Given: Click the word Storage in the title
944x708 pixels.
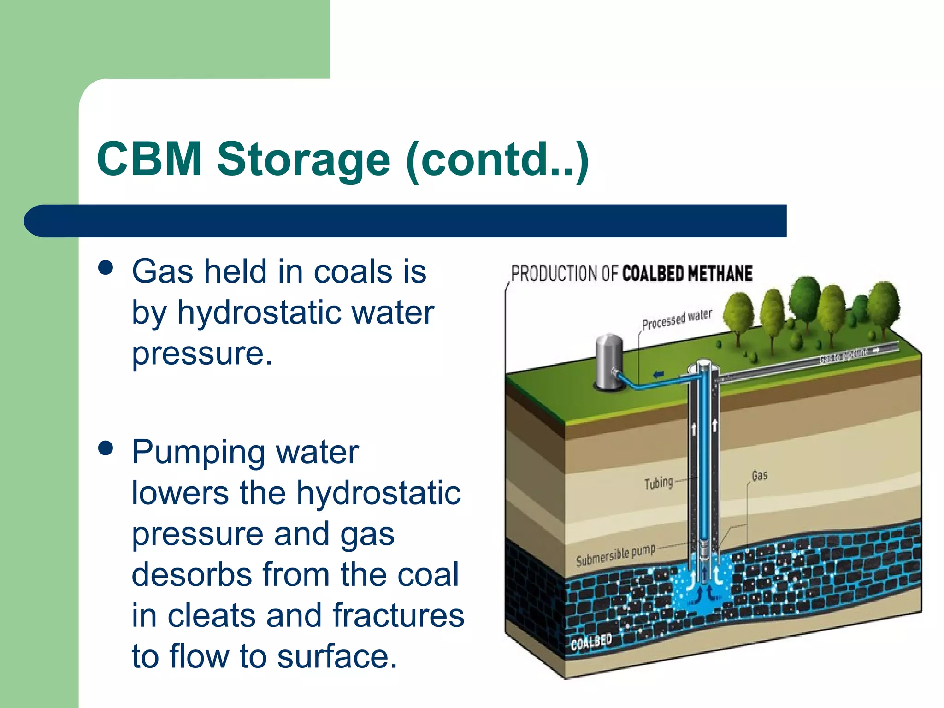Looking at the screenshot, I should pyautogui.click(x=304, y=159).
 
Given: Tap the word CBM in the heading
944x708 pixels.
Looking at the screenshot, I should pyautogui.click(x=149, y=159).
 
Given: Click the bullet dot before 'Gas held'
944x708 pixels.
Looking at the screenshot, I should pyautogui.click(x=106, y=268).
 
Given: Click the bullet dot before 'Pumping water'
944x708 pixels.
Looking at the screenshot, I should pyautogui.click(x=106, y=448).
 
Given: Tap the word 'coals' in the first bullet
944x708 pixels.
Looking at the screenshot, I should pyautogui.click(x=353, y=272).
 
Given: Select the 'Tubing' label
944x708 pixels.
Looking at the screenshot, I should pyautogui.click(x=658, y=483).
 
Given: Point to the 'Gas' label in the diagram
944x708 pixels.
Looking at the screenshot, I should pyautogui.click(x=759, y=475).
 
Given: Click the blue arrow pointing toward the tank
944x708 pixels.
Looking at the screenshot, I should pyautogui.click(x=659, y=374).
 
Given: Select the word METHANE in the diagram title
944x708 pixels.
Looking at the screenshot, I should pyautogui.click(x=720, y=273).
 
